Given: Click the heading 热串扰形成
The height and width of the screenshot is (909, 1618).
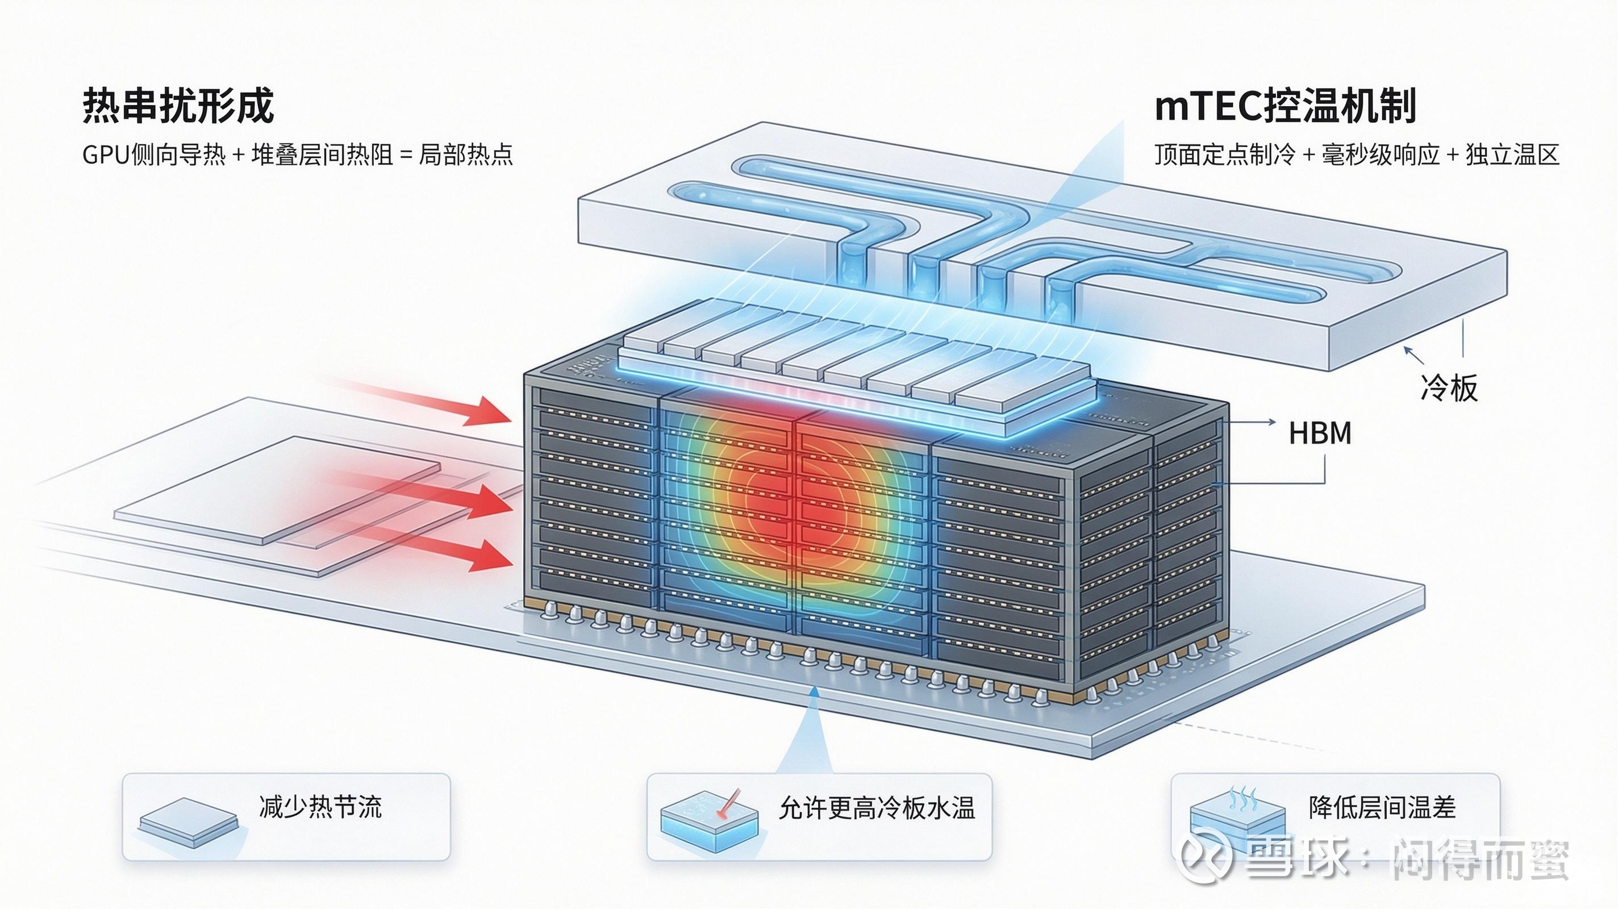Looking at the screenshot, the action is [x=178, y=106].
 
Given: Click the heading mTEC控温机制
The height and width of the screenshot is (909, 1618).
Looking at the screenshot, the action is [x=1285, y=106].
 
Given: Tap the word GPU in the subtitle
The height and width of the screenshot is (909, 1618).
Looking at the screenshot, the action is [x=107, y=155].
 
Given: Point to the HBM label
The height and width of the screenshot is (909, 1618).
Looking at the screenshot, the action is [x=1320, y=433].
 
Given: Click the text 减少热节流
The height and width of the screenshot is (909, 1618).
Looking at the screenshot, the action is [x=320, y=807].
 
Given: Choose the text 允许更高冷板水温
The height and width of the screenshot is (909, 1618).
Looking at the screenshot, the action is [x=877, y=808].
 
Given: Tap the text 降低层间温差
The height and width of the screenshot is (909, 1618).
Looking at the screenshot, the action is [x=1382, y=807].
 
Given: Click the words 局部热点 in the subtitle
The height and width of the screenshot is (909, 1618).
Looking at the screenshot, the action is [x=466, y=155].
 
